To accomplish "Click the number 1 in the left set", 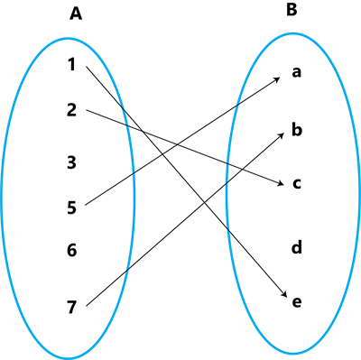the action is (72, 64).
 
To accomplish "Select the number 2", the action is (72, 110).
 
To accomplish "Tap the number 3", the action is (72, 162).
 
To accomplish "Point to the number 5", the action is (72, 208).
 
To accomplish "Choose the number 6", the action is (72, 250).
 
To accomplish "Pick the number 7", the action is (72, 307).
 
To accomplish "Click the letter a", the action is (296, 72).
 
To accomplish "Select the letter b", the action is (296, 130).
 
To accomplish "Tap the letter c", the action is (296, 184).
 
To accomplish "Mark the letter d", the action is (296, 246).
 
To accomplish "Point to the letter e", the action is (296, 300).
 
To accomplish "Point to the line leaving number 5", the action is (110, 189).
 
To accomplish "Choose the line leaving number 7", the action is (108, 288).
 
